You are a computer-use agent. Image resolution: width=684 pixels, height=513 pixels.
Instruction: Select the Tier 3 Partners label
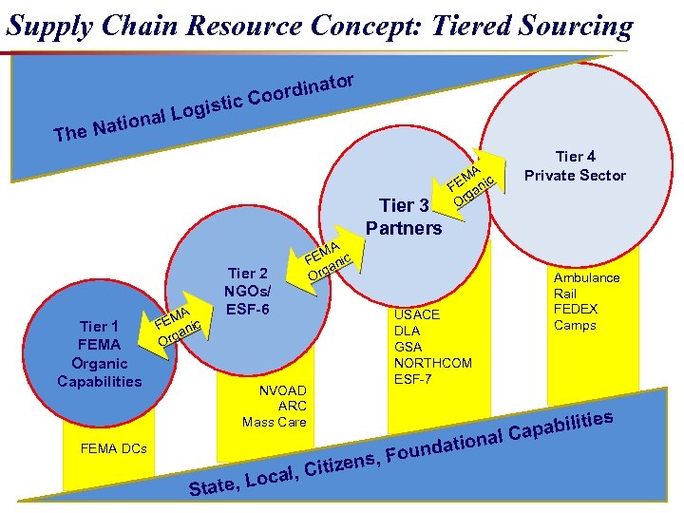[403, 217]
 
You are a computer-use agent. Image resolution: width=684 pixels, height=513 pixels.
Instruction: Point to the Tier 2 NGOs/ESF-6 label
[247, 289]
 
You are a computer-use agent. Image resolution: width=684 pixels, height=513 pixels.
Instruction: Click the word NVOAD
[283, 389]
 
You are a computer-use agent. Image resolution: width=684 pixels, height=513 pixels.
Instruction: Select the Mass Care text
[274, 422]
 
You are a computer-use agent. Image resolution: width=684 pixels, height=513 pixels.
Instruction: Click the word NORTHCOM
[432, 363]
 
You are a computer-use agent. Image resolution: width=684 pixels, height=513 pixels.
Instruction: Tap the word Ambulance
[586, 277]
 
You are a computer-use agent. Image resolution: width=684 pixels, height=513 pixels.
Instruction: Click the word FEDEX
[576, 310]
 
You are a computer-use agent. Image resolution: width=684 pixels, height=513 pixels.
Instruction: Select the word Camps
[575, 326]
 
